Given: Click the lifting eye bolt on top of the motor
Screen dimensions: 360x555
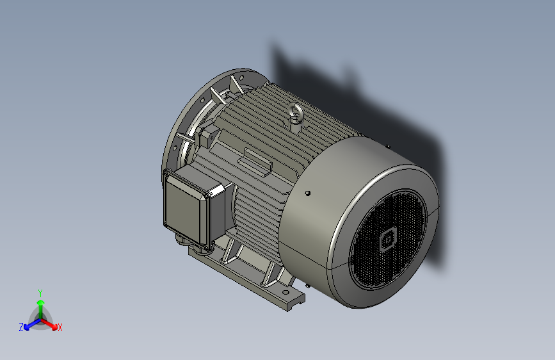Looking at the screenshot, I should (296, 115).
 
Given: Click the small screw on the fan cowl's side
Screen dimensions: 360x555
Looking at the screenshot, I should (309, 193).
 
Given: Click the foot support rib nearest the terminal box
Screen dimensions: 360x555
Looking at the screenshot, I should (230, 252).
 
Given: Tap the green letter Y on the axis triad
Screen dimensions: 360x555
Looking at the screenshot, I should (40, 291).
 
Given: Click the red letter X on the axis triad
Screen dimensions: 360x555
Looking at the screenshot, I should (60, 327).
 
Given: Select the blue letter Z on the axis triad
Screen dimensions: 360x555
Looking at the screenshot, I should (21, 327).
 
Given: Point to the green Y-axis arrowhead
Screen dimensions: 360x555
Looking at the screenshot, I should (40, 300).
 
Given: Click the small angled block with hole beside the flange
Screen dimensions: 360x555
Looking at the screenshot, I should (207, 135).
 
